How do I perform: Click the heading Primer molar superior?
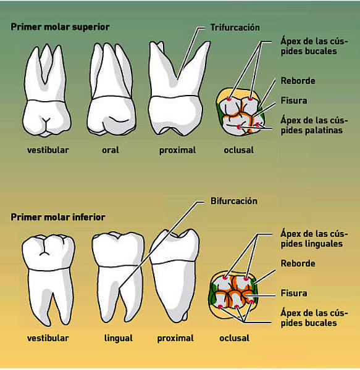(x=60, y=27)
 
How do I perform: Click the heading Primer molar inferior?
(x=58, y=217)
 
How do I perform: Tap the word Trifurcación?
(x=235, y=27)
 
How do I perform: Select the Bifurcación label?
(x=234, y=201)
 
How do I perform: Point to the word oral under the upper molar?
(x=111, y=150)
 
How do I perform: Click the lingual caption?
(x=119, y=338)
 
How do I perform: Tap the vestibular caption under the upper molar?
(x=48, y=150)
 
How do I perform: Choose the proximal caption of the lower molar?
(x=175, y=339)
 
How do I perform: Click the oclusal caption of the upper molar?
(x=238, y=150)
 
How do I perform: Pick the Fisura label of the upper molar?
(x=294, y=101)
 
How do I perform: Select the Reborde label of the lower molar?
(x=298, y=263)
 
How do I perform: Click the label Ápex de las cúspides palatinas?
(x=314, y=125)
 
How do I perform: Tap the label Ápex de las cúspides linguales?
(x=314, y=238)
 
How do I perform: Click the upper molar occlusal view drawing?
(x=240, y=112)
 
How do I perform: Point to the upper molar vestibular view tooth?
(x=46, y=91)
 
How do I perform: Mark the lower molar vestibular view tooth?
(x=48, y=280)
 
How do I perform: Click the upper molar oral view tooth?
(x=112, y=89)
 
